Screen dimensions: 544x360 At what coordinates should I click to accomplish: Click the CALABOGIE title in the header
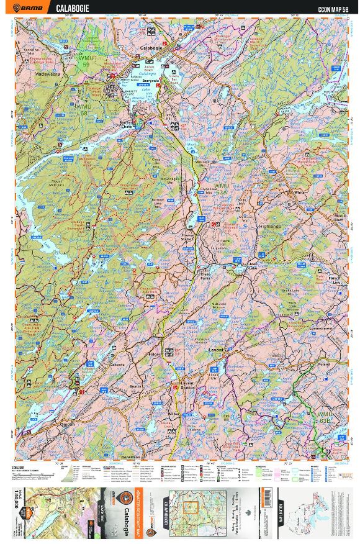72,8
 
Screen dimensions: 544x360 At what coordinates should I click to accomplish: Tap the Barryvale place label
151,80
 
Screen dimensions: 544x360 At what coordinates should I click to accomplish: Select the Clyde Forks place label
205,273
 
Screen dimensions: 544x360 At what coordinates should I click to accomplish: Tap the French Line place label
335,279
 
